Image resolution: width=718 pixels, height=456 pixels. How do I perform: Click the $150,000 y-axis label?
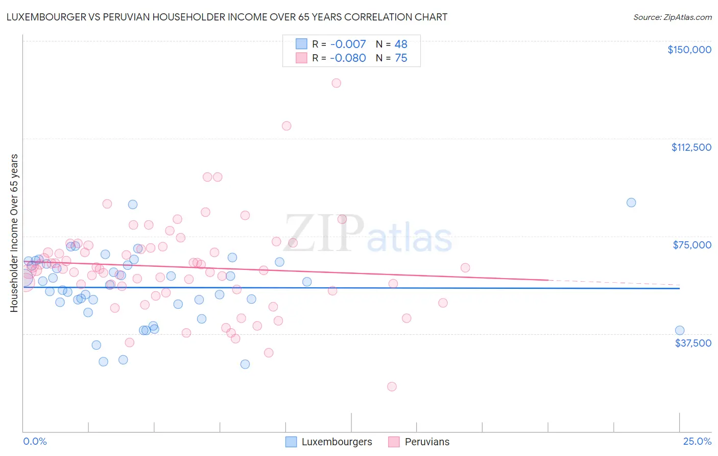tap(689, 50)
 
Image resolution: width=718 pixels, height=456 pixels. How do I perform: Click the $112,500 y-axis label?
tap(691, 147)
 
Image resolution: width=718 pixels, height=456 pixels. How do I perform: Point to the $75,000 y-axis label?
tap(692, 245)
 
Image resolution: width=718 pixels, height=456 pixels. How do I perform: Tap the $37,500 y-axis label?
tap(693, 343)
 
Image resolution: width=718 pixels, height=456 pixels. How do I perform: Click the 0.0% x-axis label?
tap(35, 441)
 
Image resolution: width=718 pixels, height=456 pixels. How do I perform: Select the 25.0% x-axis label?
tap(697, 441)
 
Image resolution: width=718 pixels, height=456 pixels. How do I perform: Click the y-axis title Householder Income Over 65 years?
tap(14, 233)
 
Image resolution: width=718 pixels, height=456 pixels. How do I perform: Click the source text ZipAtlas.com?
tap(672, 17)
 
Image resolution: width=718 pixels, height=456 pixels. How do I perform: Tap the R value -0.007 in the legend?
tap(348, 44)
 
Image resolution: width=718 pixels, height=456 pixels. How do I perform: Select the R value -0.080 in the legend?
tap(348, 58)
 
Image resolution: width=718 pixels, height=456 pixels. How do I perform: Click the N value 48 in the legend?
tap(401, 44)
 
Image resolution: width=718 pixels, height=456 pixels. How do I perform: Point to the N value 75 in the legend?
tap(401, 58)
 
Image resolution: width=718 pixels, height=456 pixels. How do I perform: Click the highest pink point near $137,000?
tap(336, 83)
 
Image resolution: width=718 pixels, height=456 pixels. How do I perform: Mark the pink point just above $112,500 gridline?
tap(286, 126)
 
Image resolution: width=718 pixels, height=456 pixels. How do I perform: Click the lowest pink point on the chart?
tap(392, 386)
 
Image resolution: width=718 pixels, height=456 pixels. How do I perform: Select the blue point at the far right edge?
tap(679, 330)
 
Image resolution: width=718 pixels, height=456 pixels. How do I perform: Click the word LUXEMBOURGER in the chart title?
tap(40, 17)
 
